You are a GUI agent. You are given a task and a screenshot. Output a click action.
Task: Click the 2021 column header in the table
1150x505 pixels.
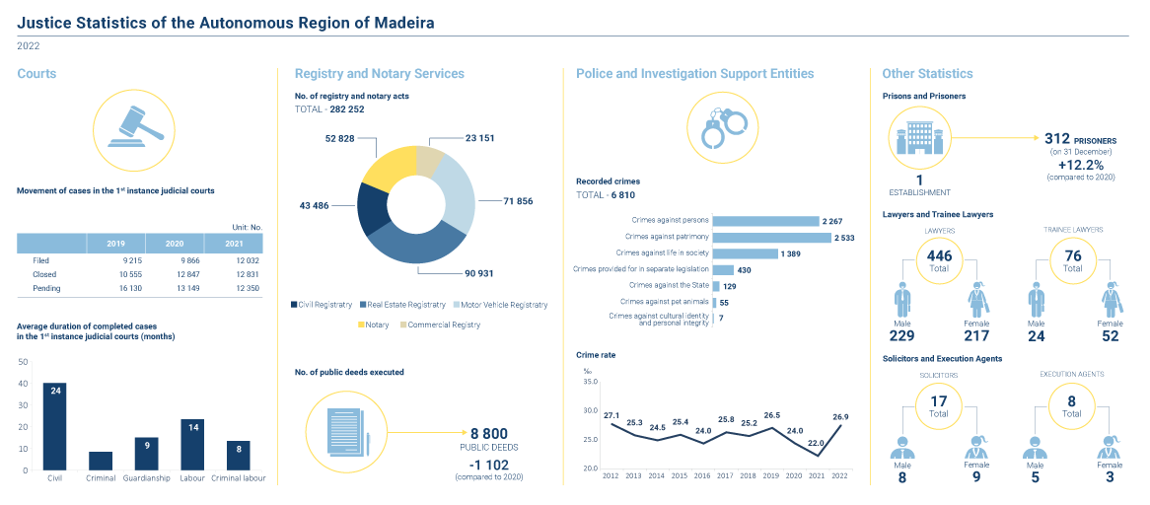pos(234,243)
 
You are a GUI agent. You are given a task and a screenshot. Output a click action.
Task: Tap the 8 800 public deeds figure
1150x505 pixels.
pos(488,433)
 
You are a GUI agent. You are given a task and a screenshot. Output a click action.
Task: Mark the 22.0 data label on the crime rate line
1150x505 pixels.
pos(816,444)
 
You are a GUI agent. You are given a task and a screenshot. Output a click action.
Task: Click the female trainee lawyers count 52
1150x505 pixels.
pos(1110,337)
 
